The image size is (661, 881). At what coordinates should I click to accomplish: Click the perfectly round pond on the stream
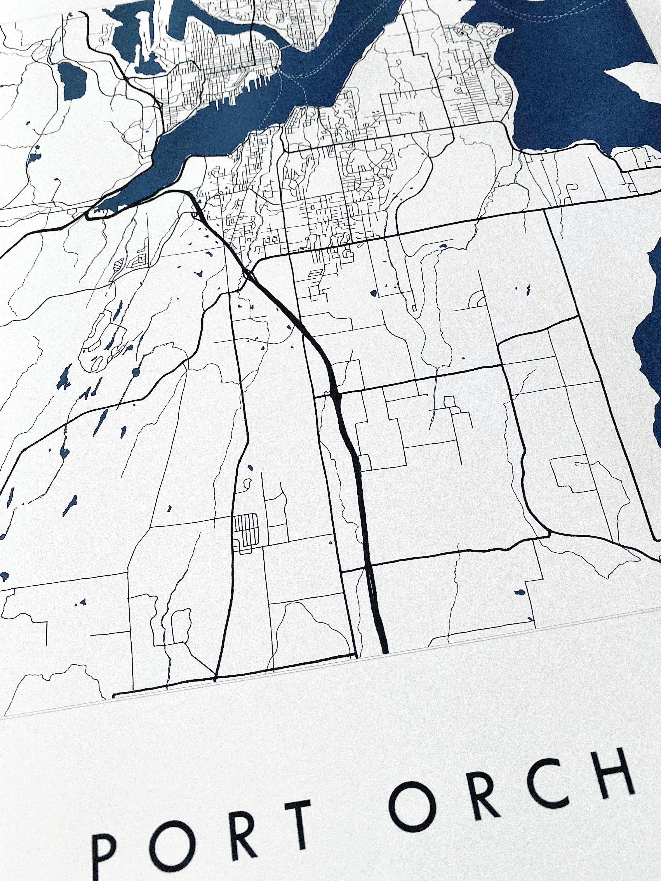136,373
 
